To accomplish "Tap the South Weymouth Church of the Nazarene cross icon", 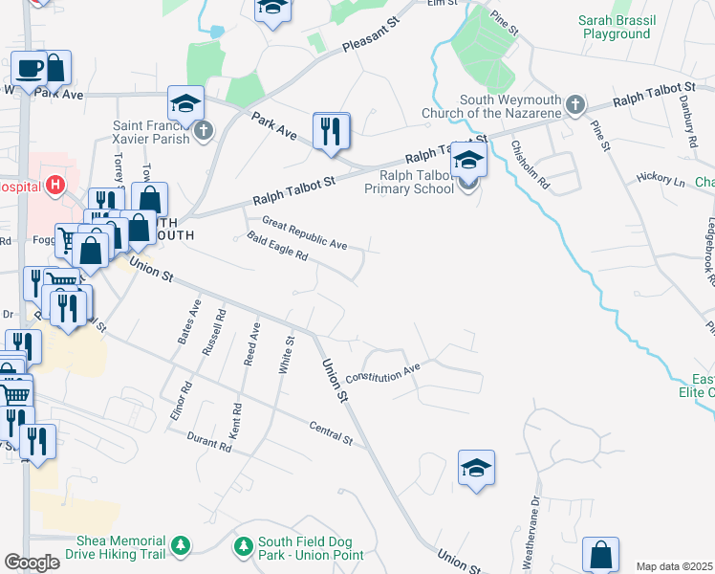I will [x=574, y=104].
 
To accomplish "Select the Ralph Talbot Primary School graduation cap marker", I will [x=468, y=160].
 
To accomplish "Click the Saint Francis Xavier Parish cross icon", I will [x=203, y=131].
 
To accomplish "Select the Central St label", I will [x=331, y=433].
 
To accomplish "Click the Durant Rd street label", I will [x=209, y=440].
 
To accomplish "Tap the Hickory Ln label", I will [x=661, y=179].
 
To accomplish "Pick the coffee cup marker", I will [x=29, y=67].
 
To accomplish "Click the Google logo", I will [x=32, y=563].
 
